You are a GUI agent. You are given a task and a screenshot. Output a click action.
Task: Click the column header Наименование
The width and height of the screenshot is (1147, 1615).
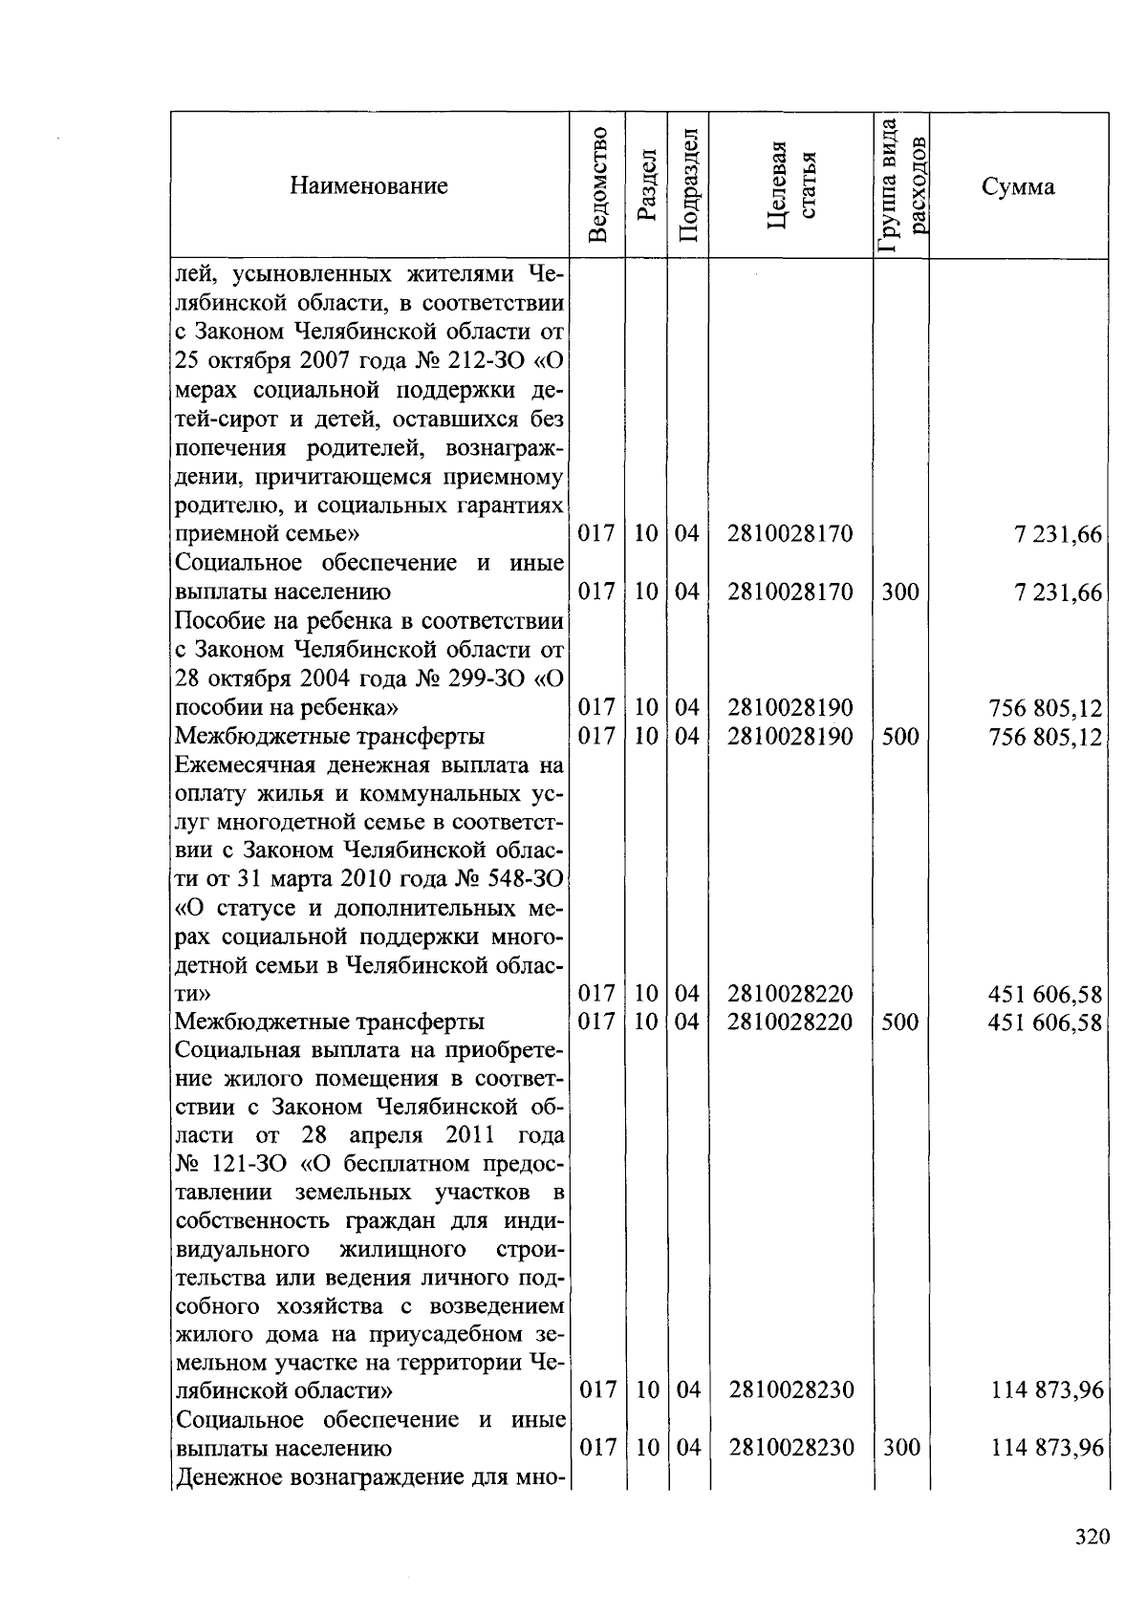point(369,185)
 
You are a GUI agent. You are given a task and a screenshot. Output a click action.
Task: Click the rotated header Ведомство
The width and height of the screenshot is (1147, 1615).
point(598,184)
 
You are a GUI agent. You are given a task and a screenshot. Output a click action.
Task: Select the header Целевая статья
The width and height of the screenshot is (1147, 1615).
point(790,184)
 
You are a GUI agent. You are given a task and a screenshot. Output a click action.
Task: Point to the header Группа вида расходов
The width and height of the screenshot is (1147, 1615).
point(901,184)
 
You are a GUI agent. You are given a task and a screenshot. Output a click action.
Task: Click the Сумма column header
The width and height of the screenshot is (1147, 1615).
point(1018,186)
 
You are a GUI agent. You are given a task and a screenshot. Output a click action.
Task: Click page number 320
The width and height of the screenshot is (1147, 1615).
point(1091,1537)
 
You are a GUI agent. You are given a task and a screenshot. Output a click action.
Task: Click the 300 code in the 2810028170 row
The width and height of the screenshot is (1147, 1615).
point(900,592)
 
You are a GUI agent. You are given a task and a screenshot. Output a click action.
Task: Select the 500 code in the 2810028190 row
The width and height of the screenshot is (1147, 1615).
point(900,736)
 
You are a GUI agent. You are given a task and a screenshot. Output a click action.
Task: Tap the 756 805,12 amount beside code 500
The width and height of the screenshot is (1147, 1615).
point(1046,737)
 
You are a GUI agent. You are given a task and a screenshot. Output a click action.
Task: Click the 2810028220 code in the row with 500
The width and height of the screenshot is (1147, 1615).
point(790,1022)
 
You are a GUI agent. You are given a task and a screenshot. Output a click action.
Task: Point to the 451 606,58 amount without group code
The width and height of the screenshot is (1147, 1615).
point(1046,995)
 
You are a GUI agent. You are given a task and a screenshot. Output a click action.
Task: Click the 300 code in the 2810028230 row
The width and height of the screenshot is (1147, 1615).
point(900,1447)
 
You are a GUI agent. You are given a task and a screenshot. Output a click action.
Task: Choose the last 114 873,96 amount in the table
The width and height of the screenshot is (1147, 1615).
point(1048,1448)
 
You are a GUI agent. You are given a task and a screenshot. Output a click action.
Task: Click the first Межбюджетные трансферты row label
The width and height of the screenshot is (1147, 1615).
point(330,736)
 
